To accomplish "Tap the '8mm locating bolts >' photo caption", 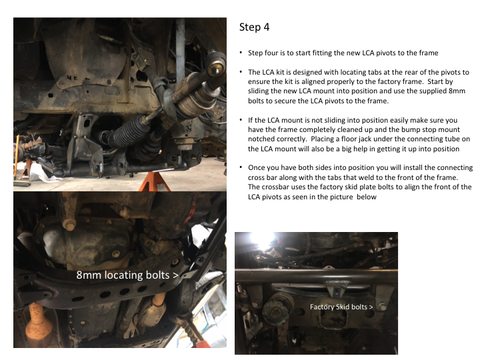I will (127, 275).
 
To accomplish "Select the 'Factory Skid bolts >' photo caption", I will (341, 307).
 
